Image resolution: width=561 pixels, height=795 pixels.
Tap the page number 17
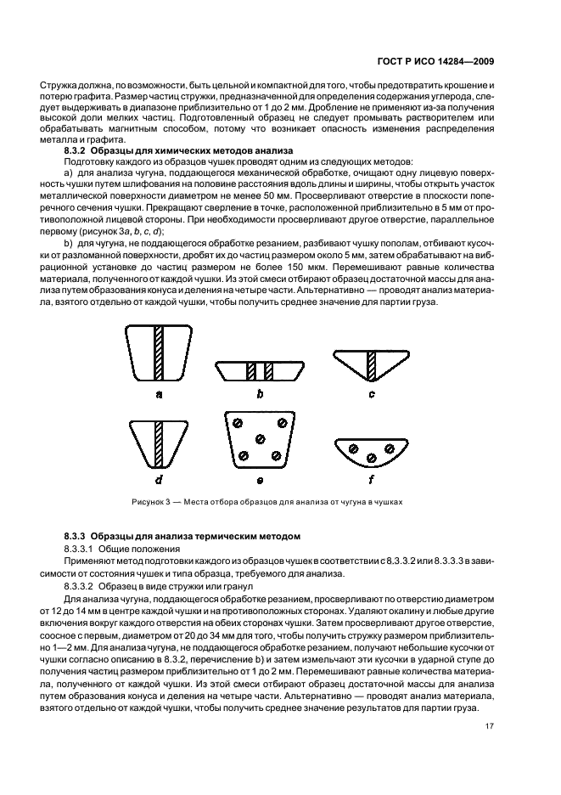490,726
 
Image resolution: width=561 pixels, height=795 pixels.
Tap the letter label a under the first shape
159,394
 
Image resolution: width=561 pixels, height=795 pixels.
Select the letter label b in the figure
260,394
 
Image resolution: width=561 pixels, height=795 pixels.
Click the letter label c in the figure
371,394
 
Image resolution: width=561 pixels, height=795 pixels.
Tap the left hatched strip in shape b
250,371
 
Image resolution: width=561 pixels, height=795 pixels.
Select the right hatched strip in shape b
268,371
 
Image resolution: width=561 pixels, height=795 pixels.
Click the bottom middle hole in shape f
371,459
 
